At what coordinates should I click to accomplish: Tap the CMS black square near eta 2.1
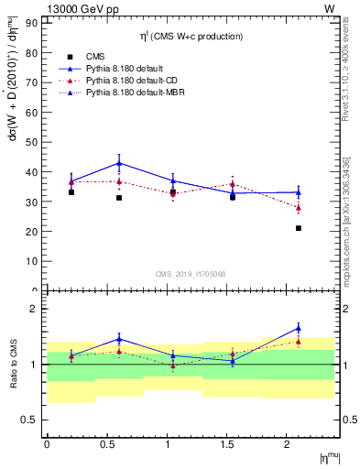tap(299, 228)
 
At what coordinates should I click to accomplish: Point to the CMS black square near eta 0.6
tap(119, 198)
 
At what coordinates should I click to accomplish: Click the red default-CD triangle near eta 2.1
tap(299, 207)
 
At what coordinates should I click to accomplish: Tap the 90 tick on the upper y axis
tap(34, 24)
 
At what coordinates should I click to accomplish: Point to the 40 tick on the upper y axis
tap(34, 171)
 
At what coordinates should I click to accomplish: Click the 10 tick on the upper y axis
tap(34, 260)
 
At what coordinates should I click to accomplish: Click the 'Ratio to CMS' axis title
tap(12, 377)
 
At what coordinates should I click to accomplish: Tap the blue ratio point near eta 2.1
tap(299, 327)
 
